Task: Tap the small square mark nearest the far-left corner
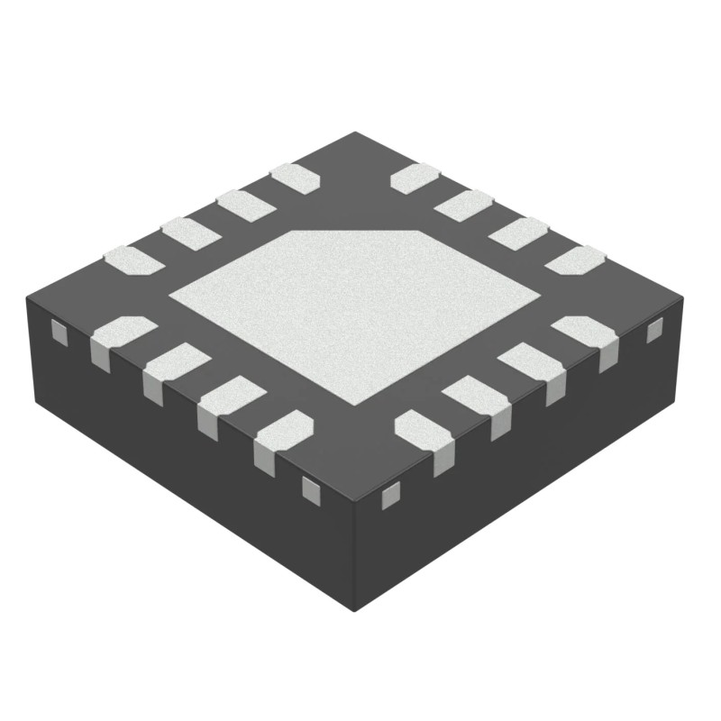point(59,333)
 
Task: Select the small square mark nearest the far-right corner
point(655,331)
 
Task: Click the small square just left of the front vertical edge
point(310,489)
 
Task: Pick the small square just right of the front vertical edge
point(391,494)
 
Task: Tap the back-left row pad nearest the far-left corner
point(132,260)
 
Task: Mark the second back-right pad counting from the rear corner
point(465,205)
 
